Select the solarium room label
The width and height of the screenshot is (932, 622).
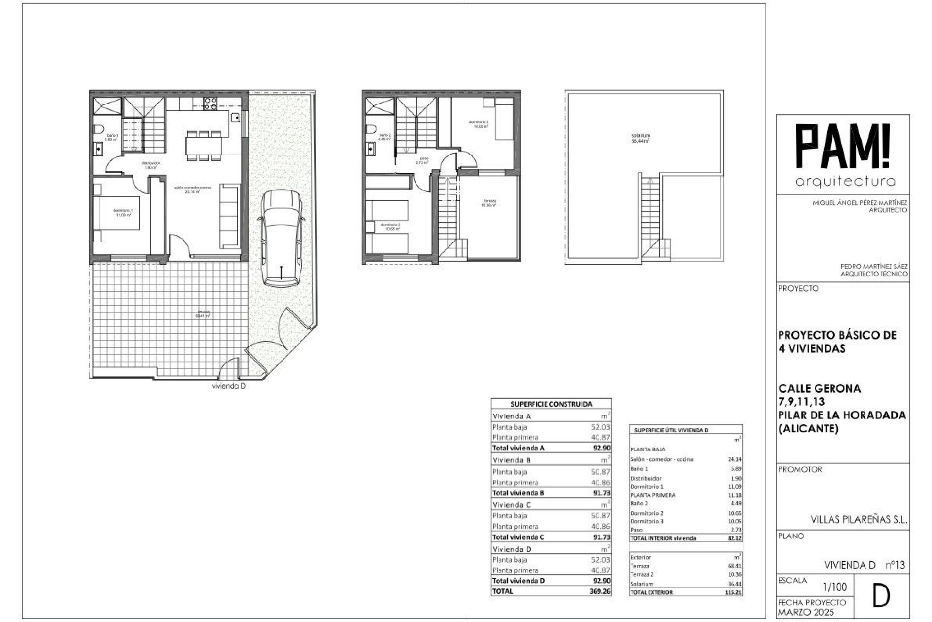pyautogui.click(x=640, y=138)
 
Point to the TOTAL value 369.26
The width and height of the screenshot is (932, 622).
pyautogui.click(x=600, y=591)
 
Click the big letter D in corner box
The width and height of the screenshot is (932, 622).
pyautogui.click(x=881, y=597)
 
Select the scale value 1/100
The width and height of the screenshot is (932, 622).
pyautogui.click(x=834, y=587)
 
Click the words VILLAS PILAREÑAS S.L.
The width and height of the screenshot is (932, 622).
pyautogui.click(x=858, y=519)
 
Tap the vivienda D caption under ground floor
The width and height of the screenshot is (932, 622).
pyautogui.click(x=229, y=386)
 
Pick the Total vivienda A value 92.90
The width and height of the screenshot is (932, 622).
pyautogui.click(x=601, y=448)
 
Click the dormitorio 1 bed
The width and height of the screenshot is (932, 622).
pyautogui.click(x=118, y=213)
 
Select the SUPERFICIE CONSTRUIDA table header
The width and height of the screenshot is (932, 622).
pyautogui.click(x=551, y=404)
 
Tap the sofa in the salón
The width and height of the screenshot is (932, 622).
pyautogui.click(x=230, y=215)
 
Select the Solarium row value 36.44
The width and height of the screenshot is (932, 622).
pyautogui.click(x=734, y=584)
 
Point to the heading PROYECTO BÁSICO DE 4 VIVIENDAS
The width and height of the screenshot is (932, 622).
pyautogui.click(x=837, y=342)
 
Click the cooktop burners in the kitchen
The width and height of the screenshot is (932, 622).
pyautogui.click(x=210, y=103)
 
